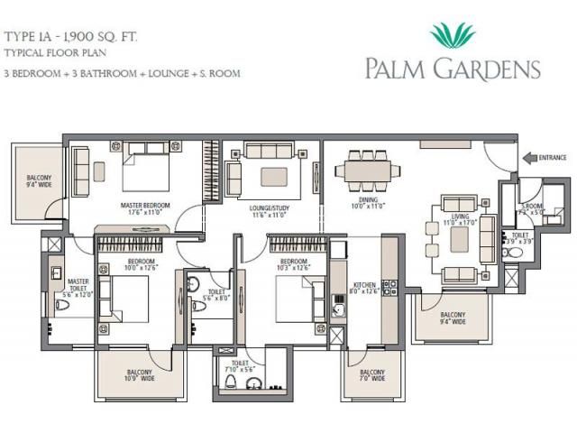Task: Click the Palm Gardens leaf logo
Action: [453, 34]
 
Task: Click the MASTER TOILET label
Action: [78, 284]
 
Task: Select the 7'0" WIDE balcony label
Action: [372, 374]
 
